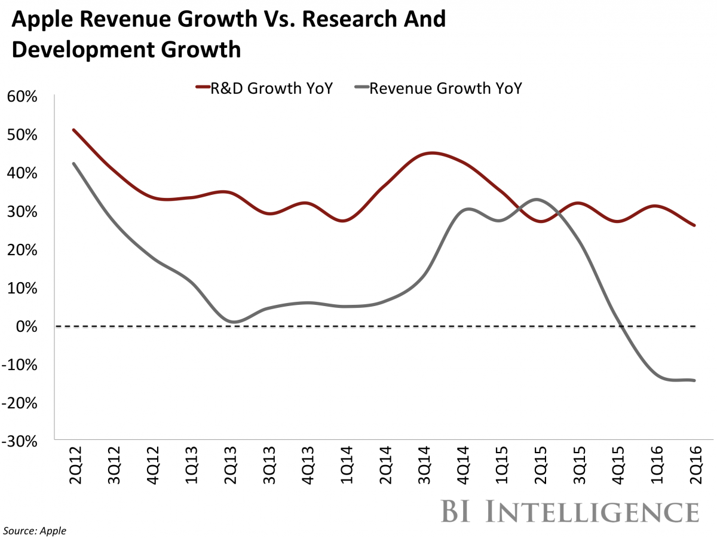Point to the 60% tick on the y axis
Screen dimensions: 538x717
[x=23, y=96]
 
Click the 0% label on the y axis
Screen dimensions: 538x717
[x=27, y=326]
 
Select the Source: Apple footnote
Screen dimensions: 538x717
[x=36, y=530]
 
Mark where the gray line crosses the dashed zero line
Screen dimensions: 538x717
[x=622, y=326]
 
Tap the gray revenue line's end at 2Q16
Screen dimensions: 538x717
[x=694, y=380]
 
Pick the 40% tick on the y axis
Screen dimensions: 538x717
[x=23, y=173]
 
